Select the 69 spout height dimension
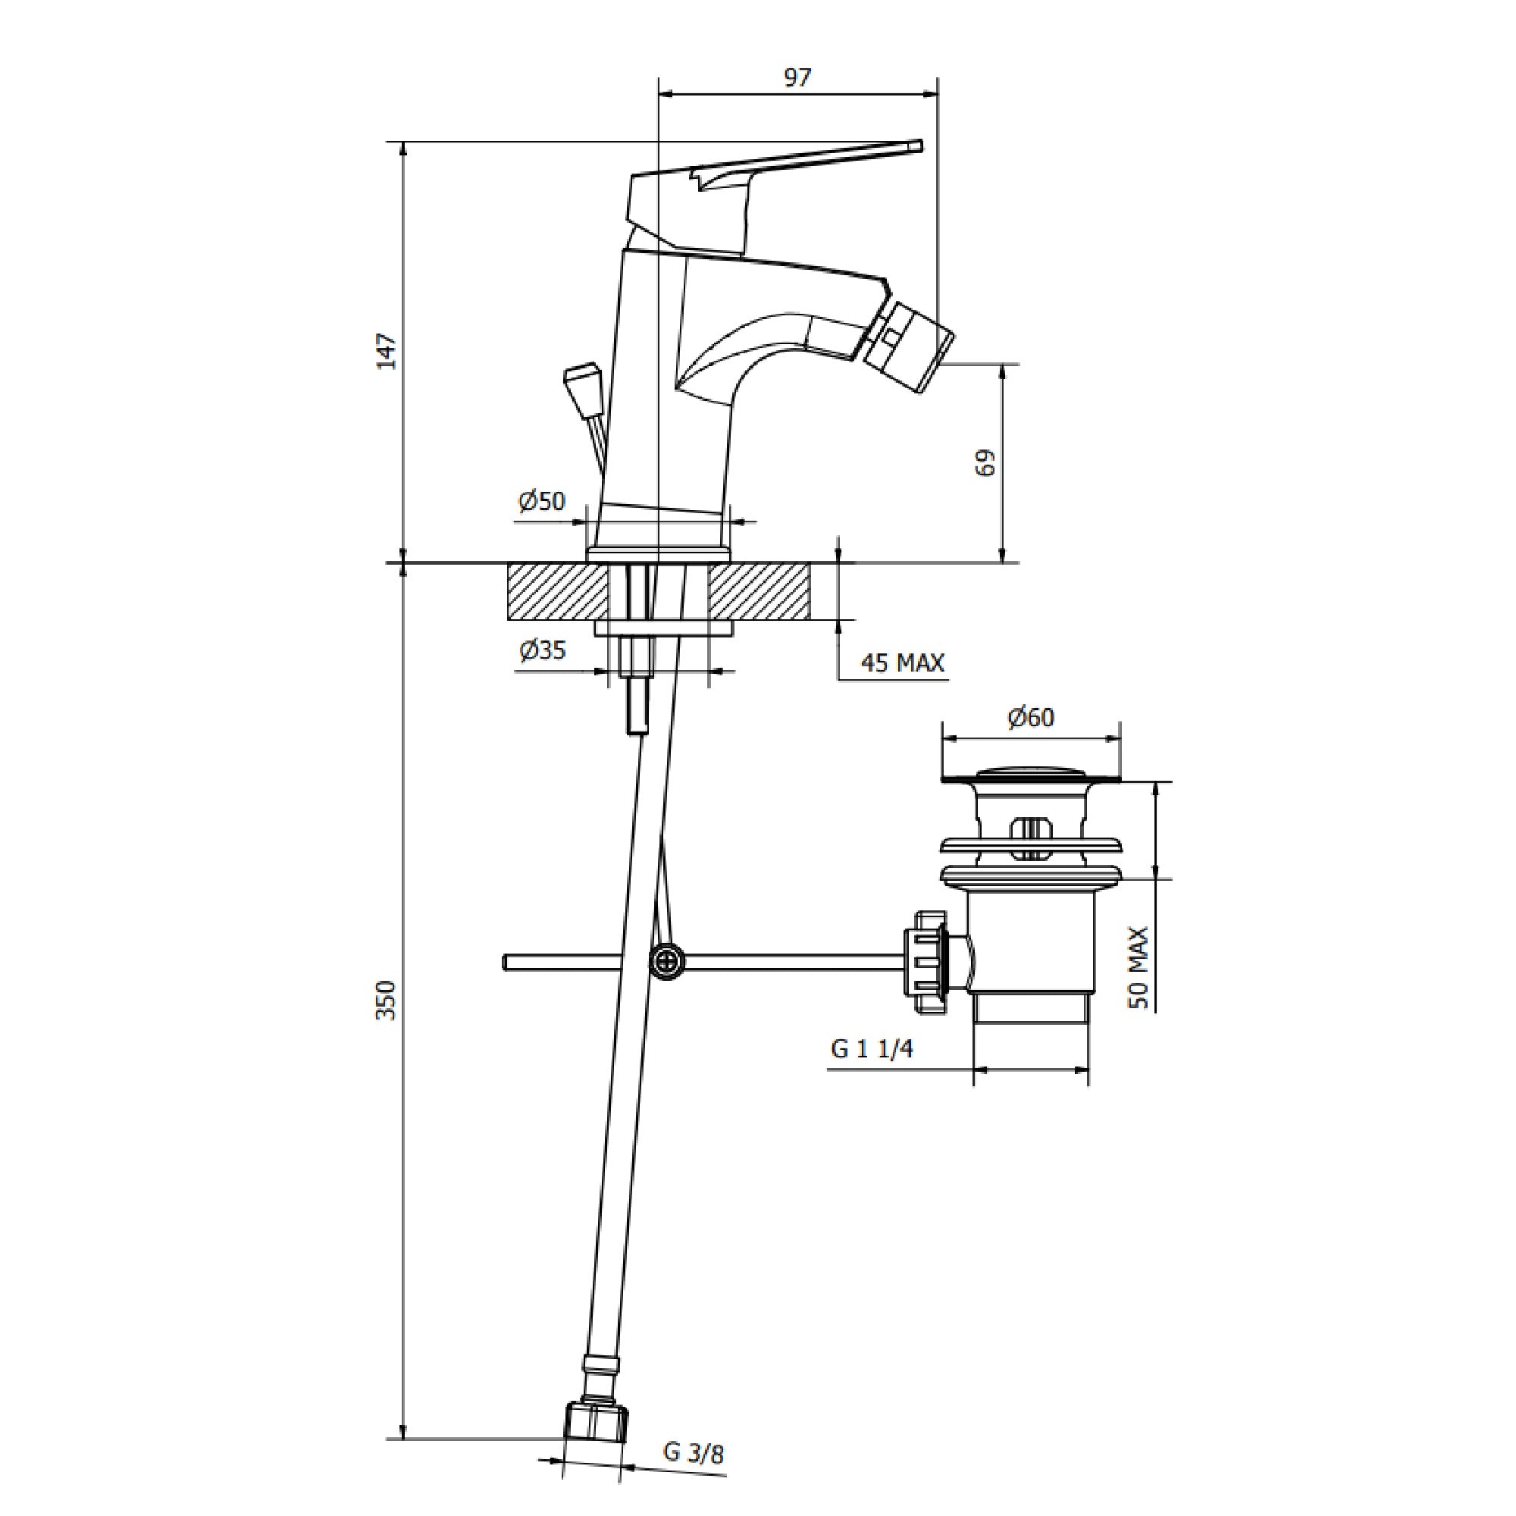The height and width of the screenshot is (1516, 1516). click(987, 462)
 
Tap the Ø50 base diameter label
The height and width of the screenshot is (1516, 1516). click(541, 500)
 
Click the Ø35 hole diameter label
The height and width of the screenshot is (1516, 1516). click(542, 650)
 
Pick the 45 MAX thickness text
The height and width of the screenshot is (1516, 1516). click(902, 663)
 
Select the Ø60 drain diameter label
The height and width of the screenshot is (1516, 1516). click(1030, 717)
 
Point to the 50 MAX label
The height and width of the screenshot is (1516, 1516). click(1139, 967)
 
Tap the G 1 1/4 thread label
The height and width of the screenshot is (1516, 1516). click(872, 1050)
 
